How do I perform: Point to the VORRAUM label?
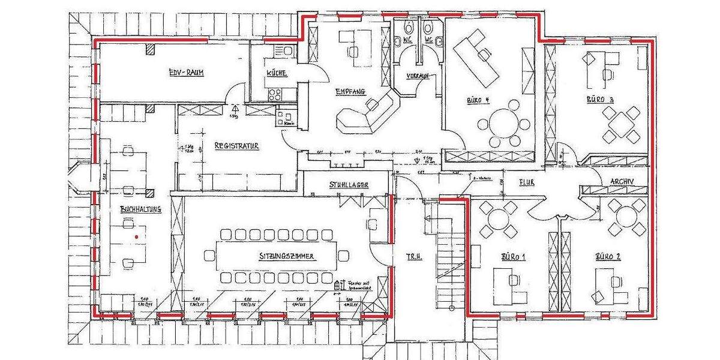click(x=416, y=76)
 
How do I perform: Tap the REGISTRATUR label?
click(x=236, y=146)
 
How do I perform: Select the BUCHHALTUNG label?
click(x=140, y=210)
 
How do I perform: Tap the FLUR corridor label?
click(x=527, y=181)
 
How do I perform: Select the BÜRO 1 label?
click(x=513, y=257)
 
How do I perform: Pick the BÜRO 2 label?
click(x=607, y=257)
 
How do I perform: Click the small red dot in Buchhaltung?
click(x=137, y=237)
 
